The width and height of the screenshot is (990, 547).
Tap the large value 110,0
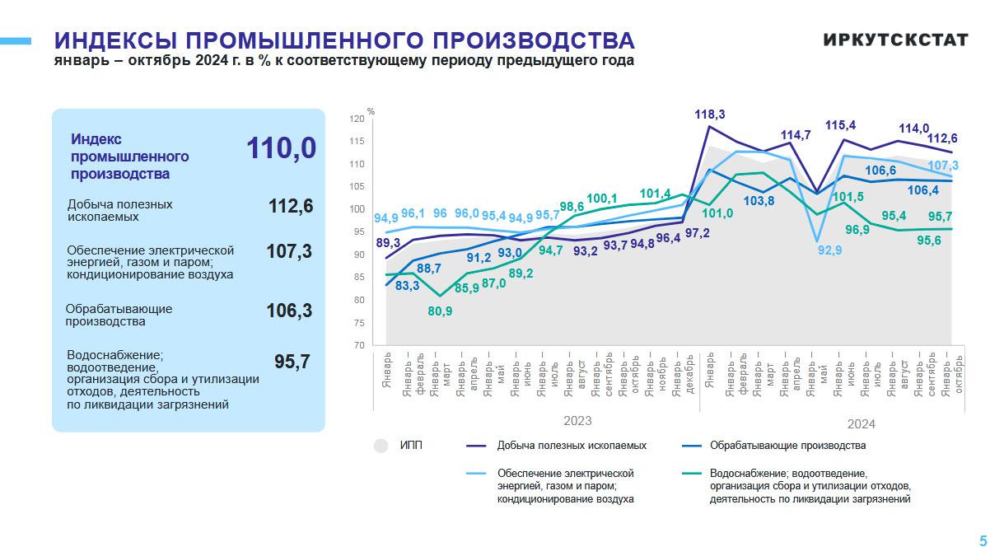tap(281, 149)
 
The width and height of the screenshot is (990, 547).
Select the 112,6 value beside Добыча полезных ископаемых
tap(291, 206)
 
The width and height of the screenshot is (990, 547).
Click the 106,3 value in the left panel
tap(289, 311)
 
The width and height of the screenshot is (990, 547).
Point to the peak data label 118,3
tap(709, 115)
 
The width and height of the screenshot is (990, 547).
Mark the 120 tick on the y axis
tap(356, 119)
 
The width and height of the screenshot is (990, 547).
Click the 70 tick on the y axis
tap(357, 345)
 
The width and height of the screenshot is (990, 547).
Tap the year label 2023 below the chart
tap(577, 421)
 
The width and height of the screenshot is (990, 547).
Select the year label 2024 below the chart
tap(861, 424)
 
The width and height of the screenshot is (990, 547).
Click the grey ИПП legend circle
tap(381, 446)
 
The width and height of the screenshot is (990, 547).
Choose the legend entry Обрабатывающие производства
tap(787, 446)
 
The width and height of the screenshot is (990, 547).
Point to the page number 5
tap(983, 538)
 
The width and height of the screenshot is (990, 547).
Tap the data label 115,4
tap(840, 125)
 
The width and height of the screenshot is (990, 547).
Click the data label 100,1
tap(602, 199)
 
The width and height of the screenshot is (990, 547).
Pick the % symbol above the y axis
tap(371, 111)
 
